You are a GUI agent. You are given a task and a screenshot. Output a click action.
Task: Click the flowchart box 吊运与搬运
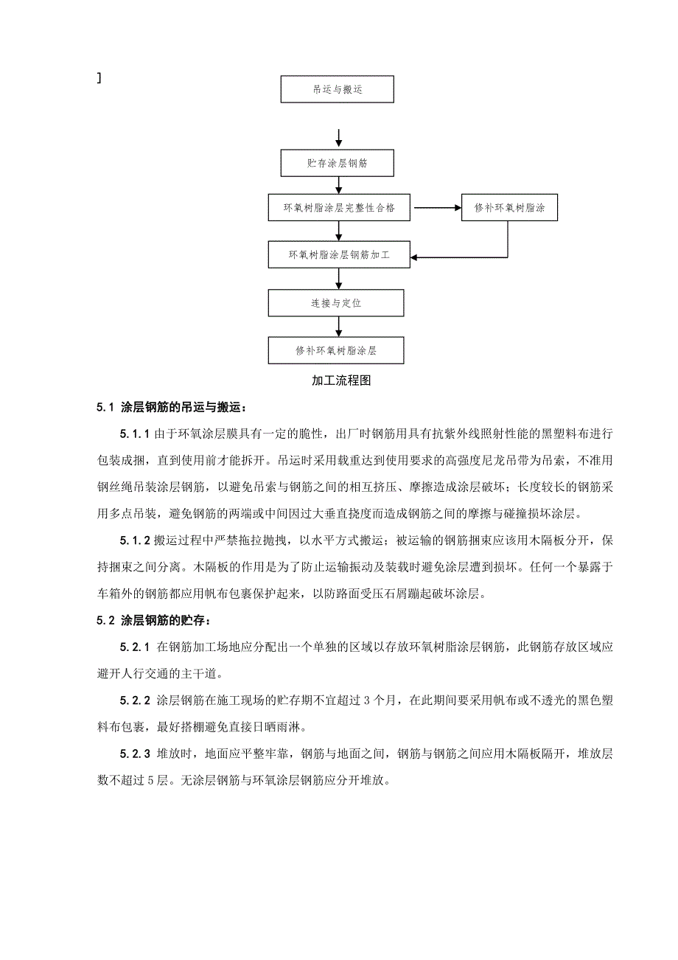338,90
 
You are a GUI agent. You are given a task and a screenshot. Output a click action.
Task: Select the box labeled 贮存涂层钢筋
338,163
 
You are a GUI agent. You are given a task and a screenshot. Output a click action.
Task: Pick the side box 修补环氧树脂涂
508,208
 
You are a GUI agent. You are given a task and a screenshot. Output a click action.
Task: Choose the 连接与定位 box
337,303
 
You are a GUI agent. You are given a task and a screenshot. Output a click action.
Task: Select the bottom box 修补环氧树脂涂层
337,350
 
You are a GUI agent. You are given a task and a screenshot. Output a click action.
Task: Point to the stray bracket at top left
99,77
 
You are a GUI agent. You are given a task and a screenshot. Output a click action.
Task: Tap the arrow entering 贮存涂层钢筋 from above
338,138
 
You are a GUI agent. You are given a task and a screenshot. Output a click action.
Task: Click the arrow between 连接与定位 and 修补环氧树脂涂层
338,326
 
